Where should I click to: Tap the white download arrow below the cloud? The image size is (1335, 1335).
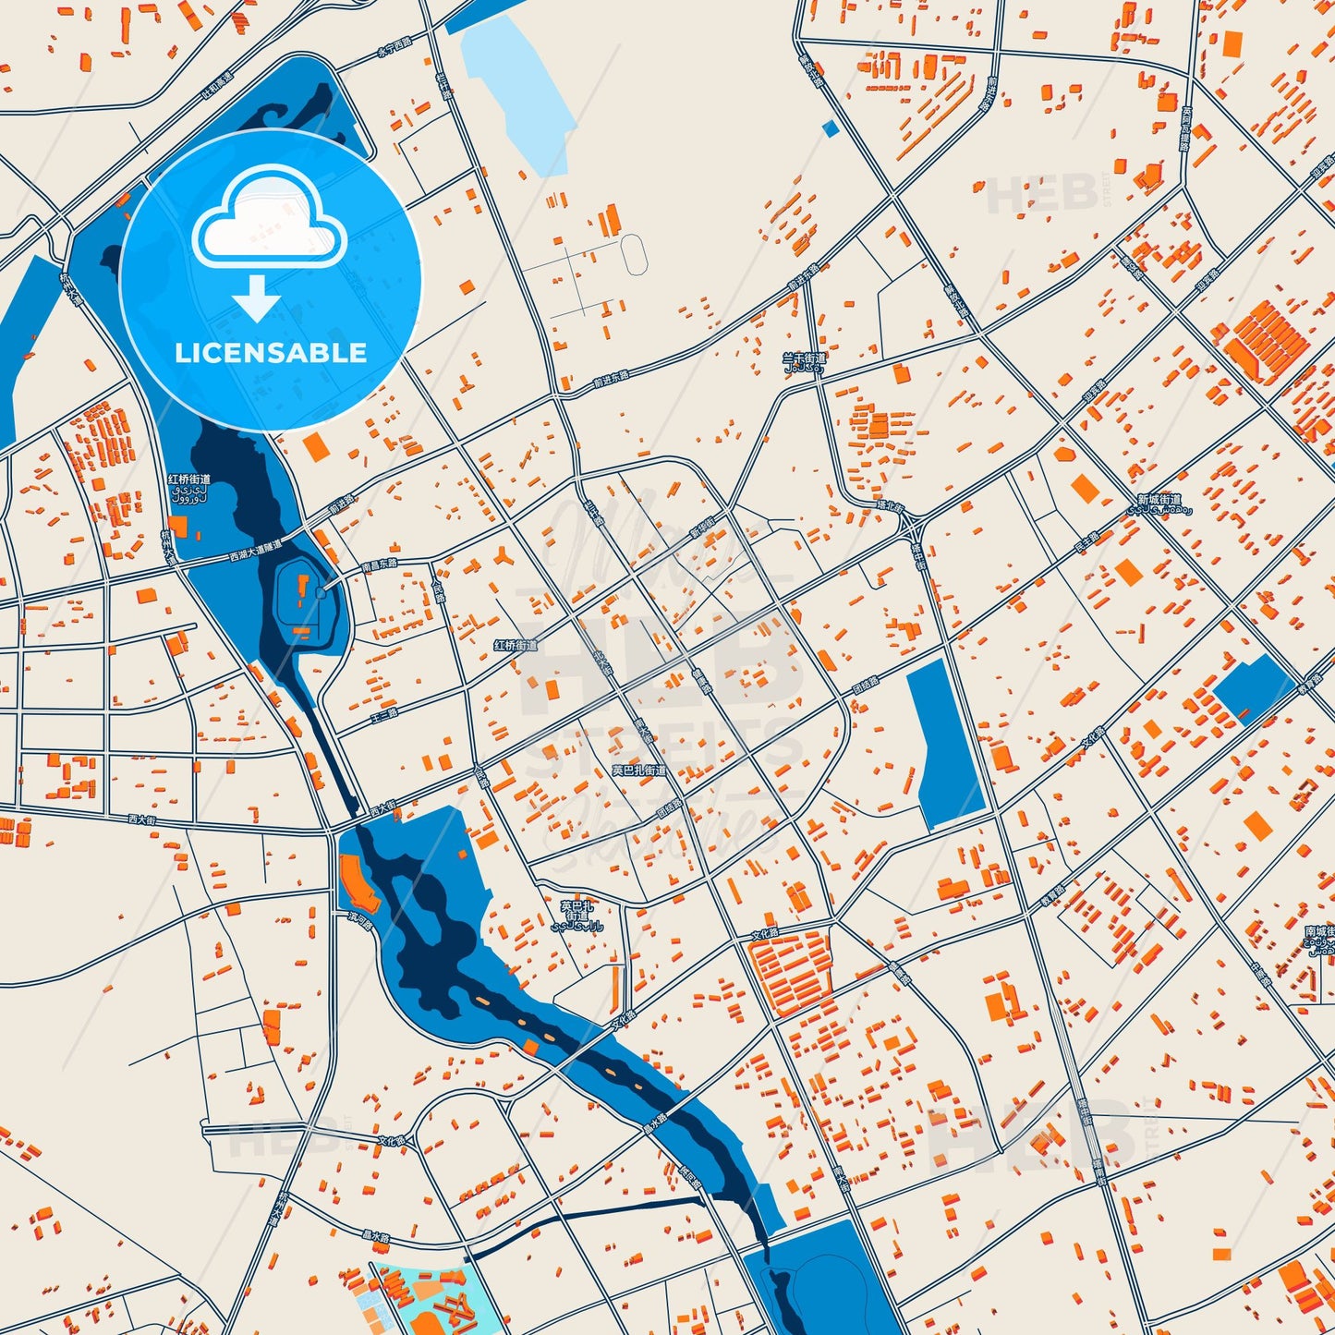coord(256,298)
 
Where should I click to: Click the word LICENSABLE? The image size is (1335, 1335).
coord(271,353)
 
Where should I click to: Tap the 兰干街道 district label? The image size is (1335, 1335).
coord(804,358)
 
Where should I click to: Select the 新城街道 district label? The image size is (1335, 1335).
coord(1159,500)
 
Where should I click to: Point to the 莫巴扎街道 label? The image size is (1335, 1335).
coord(638,770)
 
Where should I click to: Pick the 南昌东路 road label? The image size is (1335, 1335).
coord(379,564)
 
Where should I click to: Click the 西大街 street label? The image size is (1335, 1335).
coord(142,819)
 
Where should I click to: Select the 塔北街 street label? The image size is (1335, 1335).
coord(891,507)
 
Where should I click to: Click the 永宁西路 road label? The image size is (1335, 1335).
coord(393,52)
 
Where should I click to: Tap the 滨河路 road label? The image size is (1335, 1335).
coord(359,920)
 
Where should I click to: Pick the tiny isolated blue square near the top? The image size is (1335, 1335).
coord(831,129)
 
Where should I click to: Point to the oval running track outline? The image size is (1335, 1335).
coord(634,254)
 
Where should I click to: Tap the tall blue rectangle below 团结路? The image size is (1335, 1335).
coord(945,744)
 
